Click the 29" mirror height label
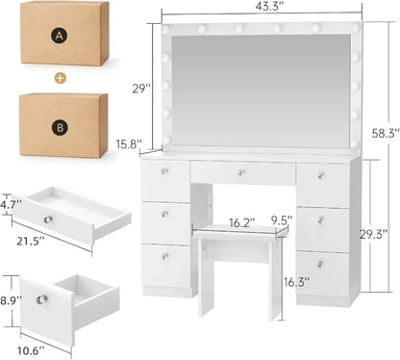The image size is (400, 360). click(x=141, y=89)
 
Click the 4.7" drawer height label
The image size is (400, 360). click(x=10, y=205)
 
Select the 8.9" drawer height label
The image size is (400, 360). click(x=10, y=301)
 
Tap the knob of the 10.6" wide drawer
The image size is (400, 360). click(x=41, y=299)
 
